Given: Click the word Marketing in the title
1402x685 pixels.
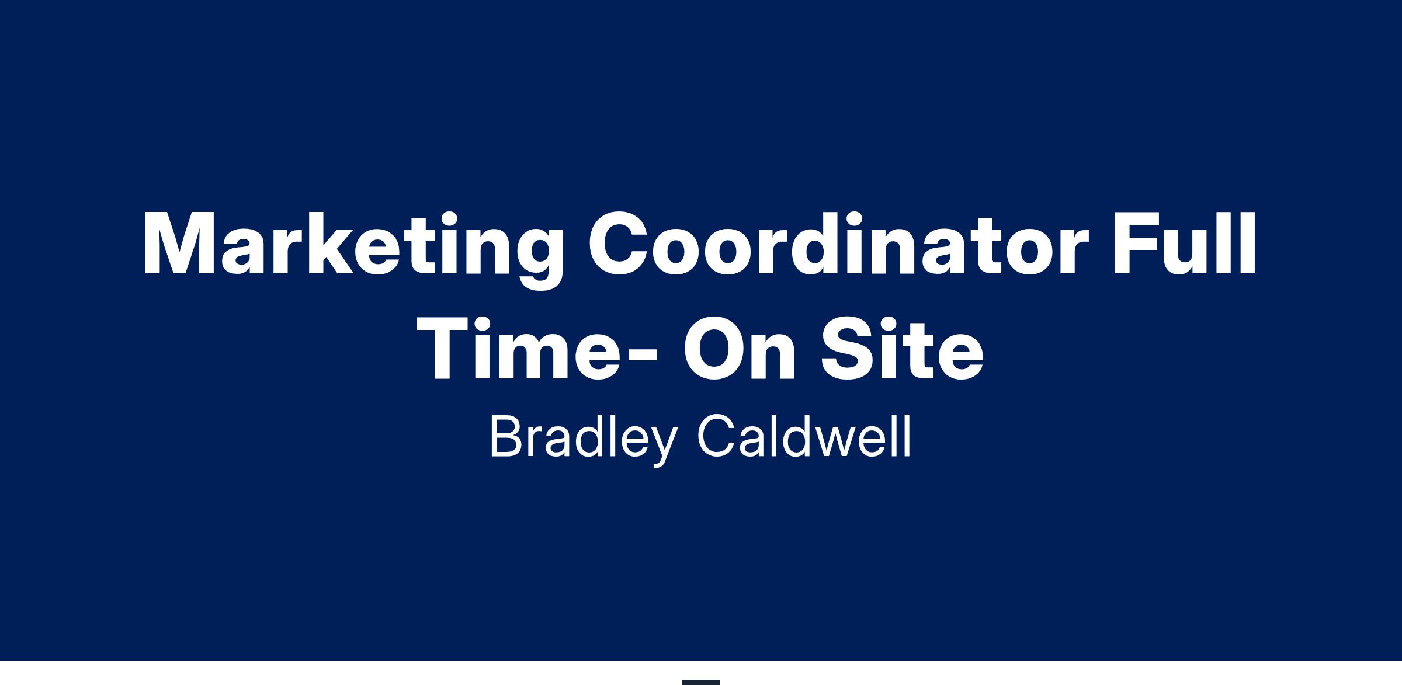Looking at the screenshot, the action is coord(353,250).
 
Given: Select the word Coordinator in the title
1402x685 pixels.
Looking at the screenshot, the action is coord(838,244).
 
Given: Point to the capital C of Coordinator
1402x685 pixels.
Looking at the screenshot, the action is coord(618,244).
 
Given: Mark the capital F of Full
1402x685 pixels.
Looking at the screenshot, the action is coord(1136,244).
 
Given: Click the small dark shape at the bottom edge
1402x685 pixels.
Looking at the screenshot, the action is coord(701,682).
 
